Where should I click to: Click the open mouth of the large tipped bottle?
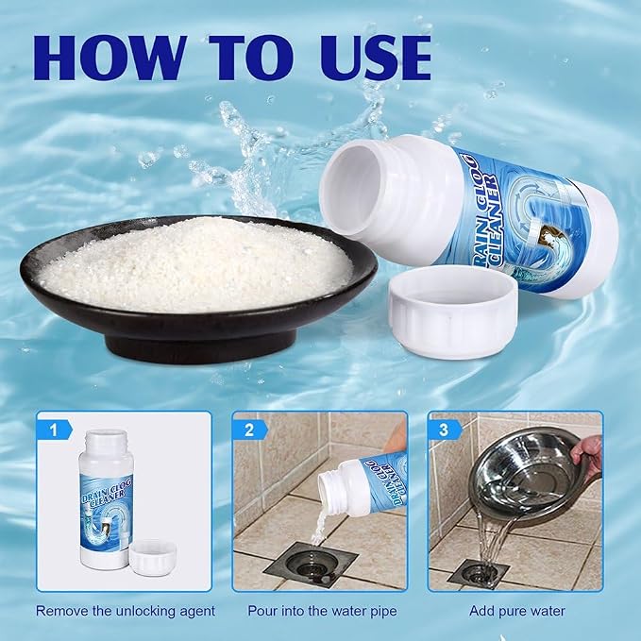[351, 188]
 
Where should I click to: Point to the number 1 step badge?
[54, 430]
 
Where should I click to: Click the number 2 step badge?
[249, 430]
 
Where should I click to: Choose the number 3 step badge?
[445, 430]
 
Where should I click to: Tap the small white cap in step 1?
[153, 558]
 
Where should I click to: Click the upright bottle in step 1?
[107, 499]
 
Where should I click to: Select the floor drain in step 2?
[311, 565]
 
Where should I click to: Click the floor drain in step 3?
[478, 573]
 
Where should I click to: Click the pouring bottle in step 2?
[362, 485]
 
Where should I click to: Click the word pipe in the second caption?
[382, 612]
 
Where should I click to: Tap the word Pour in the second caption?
[262, 611]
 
